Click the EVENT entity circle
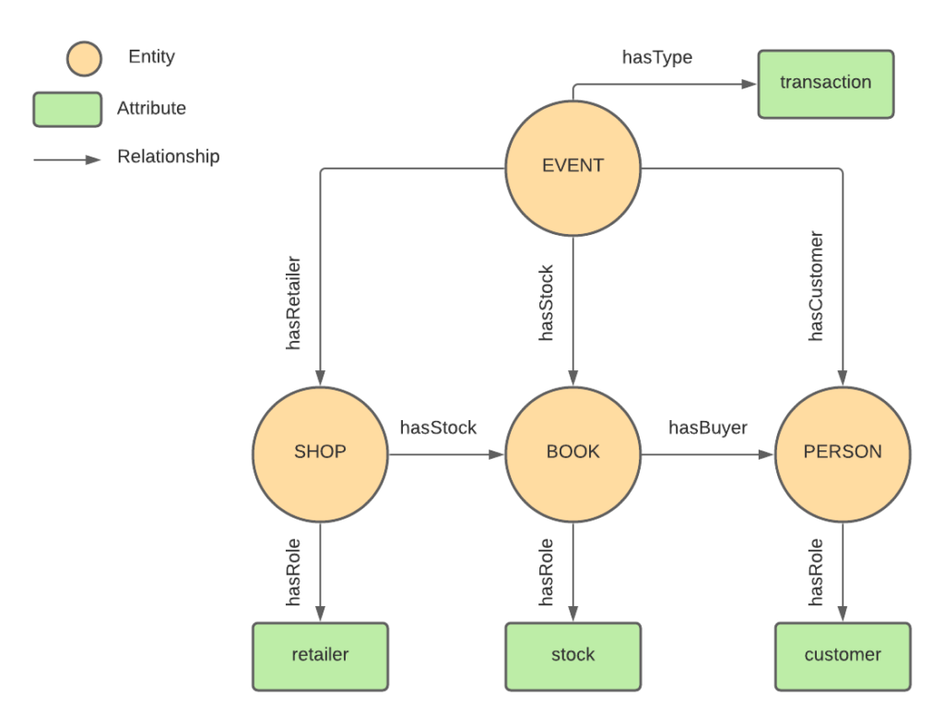572,167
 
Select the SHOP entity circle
320,452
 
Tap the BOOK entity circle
572,452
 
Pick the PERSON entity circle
842,452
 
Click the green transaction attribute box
825,84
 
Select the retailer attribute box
320,656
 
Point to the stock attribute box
572,656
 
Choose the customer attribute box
842,656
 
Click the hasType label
656,58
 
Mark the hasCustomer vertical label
816,286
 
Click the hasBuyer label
707,427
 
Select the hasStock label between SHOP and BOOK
438,427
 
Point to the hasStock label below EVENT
547,304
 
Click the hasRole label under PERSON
816,572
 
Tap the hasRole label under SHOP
295,572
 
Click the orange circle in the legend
84,58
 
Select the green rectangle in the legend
67,109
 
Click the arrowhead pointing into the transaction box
749,84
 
